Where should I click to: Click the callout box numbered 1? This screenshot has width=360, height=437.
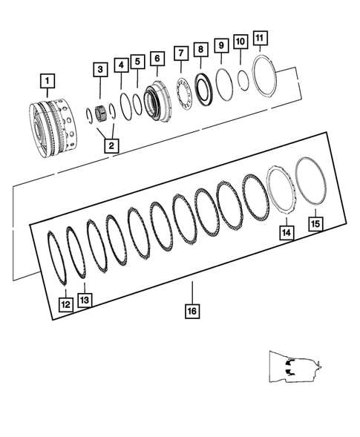[x=47, y=79]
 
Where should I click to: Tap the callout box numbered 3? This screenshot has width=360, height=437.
[x=99, y=70]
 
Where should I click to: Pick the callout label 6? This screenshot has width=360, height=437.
[x=156, y=58]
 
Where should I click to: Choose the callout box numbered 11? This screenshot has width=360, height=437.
[x=258, y=37]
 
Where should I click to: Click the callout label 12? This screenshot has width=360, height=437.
[x=65, y=303]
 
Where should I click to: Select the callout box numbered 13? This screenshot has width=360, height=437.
[x=85, y=299]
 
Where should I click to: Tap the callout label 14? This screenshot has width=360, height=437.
[x=285, y=232]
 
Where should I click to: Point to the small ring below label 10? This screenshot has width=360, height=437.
[x=243, y=78]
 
